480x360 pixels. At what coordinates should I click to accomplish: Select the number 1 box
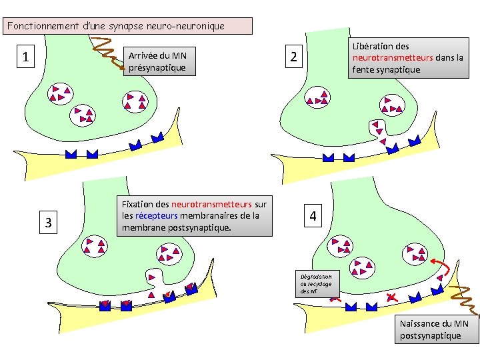tap(25, 57)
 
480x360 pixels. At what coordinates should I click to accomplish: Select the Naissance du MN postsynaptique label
tap(439, 329)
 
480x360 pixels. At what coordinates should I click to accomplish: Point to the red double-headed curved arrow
tap(441, 270)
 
